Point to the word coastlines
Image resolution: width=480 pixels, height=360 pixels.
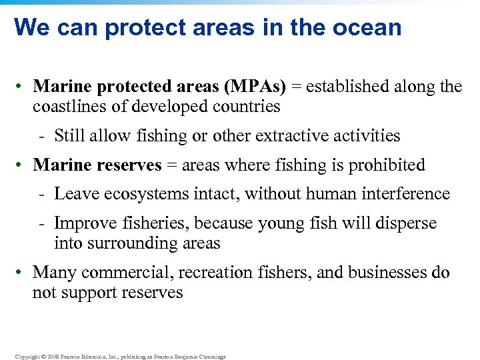pyautogui.click(x=68, y=106)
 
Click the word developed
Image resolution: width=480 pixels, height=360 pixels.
pyautogui.click(x=171, y=106)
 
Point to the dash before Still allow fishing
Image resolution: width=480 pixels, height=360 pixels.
pyautogui.click(x=41, y=137)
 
